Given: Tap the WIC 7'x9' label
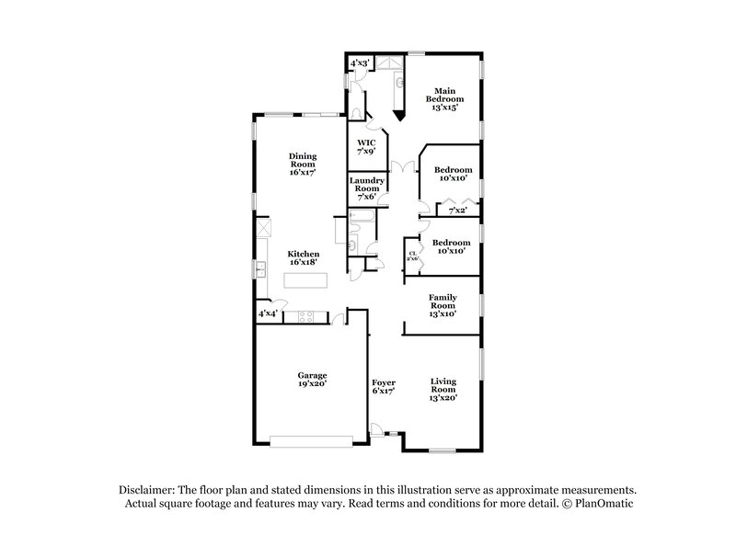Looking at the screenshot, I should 366,147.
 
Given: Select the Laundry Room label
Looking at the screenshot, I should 365,188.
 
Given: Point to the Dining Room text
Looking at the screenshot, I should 302,164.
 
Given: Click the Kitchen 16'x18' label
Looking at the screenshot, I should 303,259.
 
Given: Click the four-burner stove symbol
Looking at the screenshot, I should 305,317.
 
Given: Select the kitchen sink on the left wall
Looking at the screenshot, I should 261,269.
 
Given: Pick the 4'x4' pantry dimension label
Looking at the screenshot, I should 268,314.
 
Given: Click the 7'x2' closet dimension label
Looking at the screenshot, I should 457,211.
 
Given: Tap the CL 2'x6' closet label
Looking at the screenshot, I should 413,256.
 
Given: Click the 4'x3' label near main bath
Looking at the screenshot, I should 360,63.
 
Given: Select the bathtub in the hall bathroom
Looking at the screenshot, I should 362,217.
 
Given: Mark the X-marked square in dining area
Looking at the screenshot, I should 262,226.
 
